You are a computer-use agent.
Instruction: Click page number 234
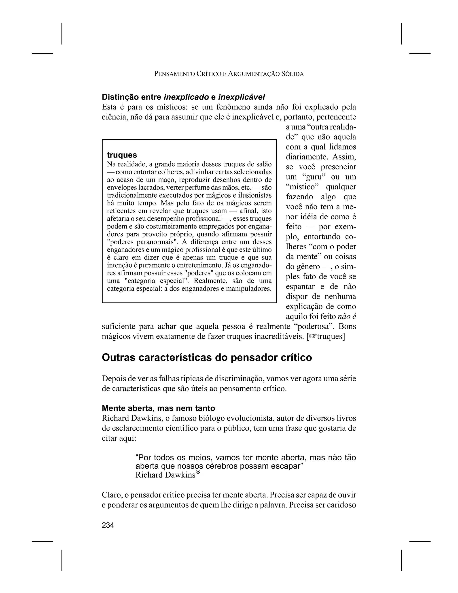(x=108, y=525)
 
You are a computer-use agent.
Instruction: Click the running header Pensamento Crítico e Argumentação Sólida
(x=229, y=74)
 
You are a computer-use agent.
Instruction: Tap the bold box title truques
(x=122, y=155)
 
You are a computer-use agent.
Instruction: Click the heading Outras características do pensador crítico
(x=207, y=358)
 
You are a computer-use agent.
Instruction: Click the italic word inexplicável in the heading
(x=242, y=97)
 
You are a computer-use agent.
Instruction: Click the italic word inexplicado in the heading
(x=186, y=97)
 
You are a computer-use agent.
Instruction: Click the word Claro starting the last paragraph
(x=111, y=495)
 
